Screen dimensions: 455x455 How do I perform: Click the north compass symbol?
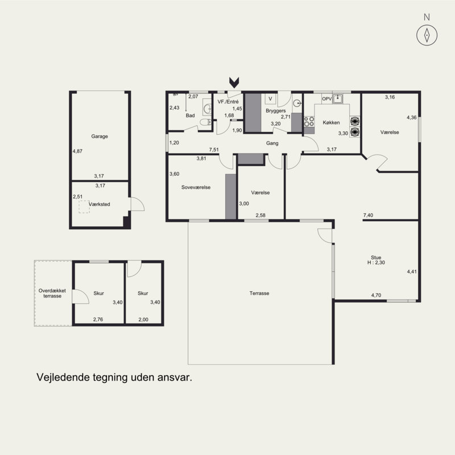(427, 35)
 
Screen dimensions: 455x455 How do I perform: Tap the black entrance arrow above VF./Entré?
(234, 82)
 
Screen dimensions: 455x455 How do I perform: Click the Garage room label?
(100, 136)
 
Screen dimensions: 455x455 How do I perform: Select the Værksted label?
(100, 204)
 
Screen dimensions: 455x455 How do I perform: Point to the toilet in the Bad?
(205, 122)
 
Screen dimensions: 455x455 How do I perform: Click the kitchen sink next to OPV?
(337, 99)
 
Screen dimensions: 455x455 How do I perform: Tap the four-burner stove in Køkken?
(309, 122)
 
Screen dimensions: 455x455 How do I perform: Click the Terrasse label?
(259, 293)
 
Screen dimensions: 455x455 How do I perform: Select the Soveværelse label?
(196, 187)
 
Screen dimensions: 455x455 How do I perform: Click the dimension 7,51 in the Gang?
(214, 150)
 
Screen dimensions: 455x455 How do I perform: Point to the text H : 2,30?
(376, 263)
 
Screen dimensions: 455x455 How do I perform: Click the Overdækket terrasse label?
(52, 293)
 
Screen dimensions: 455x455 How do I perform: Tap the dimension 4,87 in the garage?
(77, 151)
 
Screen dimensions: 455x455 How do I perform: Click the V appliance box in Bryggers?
(270, 98)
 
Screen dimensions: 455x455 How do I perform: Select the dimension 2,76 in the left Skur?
(98, 319)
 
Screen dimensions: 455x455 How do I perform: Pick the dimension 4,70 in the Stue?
(376, 295)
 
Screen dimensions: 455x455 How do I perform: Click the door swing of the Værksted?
(137, 204)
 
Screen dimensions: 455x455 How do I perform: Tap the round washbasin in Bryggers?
(296, 103)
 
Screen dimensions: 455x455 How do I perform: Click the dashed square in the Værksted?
(84, 207)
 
